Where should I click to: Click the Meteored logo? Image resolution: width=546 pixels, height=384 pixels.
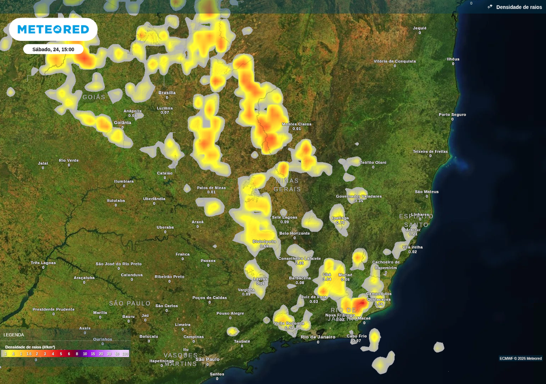(x=53, y=29)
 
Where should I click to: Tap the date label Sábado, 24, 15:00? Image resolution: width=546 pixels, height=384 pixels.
(x=53, y=50)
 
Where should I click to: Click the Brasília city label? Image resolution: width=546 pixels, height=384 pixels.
(x=167, y=93)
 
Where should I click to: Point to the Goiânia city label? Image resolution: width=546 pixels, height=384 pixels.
(x=123, y=123)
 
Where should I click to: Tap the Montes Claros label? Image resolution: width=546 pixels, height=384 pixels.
(x=297, y=124)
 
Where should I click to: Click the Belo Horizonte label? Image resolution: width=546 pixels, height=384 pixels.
(x=294, y=234)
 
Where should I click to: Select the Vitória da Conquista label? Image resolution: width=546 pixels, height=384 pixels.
(x=395, y=61)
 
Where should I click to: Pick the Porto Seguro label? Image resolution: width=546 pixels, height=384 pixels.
(x=452, y=115)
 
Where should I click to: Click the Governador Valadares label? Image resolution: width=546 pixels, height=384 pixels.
(x=359, y=196)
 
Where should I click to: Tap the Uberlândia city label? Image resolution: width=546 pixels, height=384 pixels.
(x=154, y=199)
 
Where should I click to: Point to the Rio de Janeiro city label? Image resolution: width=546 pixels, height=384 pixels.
(x=318, y=337)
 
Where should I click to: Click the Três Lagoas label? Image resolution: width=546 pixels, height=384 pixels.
(x=43, y=263)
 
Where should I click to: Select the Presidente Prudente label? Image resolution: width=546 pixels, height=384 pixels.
(x=53, y=309)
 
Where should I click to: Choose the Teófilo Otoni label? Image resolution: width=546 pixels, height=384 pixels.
(x=373, y=163)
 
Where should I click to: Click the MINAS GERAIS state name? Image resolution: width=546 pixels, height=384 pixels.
(x=287, y=185)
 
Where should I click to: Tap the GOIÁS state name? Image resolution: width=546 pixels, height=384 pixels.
(x=94, y=98)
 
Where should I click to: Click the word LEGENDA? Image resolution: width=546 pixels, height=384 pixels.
(x=14, y=335)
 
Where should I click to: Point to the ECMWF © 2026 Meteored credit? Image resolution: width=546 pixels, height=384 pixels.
(x=520, y=358)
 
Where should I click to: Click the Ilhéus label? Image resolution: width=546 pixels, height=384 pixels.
(x=453, y=59)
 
